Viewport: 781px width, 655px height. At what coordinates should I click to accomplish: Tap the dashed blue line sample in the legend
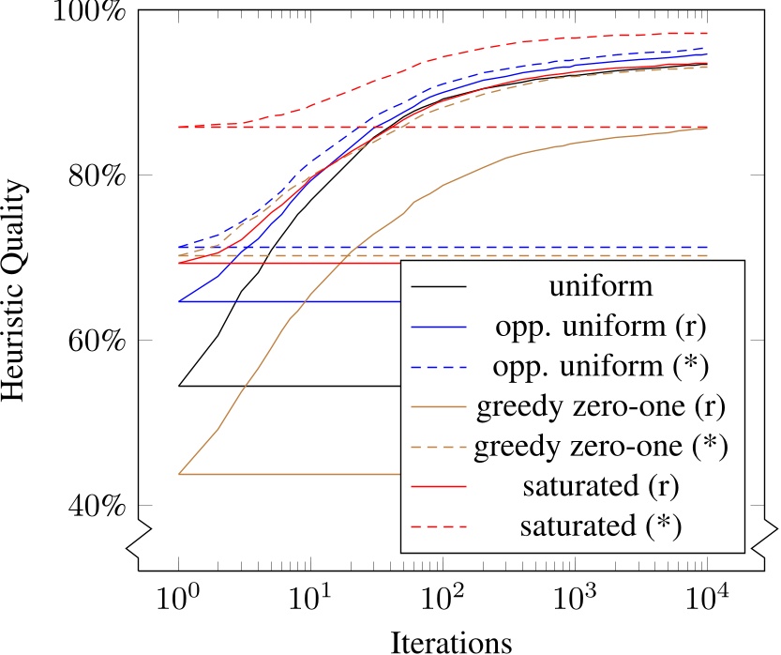441,367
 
